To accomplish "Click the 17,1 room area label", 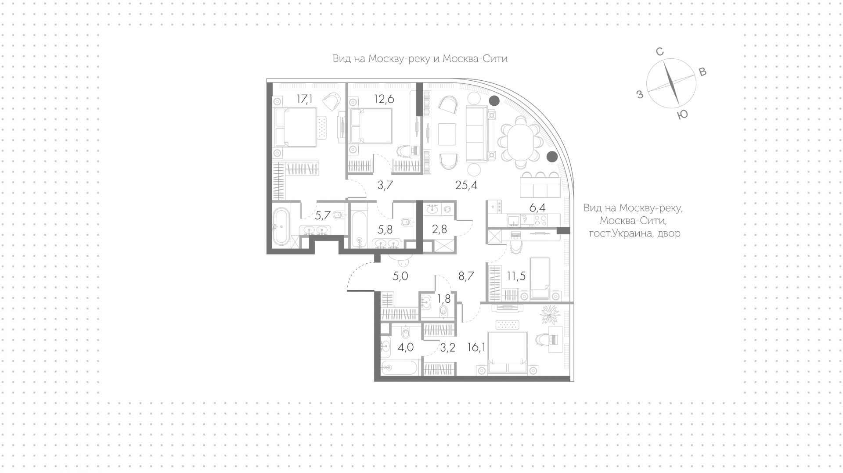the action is click(x=304, y=99).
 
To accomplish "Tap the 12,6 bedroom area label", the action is click(x=384, y=99).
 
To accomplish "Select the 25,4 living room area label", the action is click(x=466, y=185).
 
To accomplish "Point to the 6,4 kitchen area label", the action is click(x=537, y=208).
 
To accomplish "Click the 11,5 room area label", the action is click(x=516, y=276).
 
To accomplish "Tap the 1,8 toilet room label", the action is click(x=444, y=299).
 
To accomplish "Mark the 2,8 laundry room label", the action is click(x=439, y=229).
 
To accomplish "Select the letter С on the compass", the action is click(x=659, y=52).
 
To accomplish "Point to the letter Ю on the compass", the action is click(x=682, y=115).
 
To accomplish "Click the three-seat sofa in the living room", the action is click(x=476, y=134).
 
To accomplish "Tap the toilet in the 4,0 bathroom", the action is click(x=405, y=333).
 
